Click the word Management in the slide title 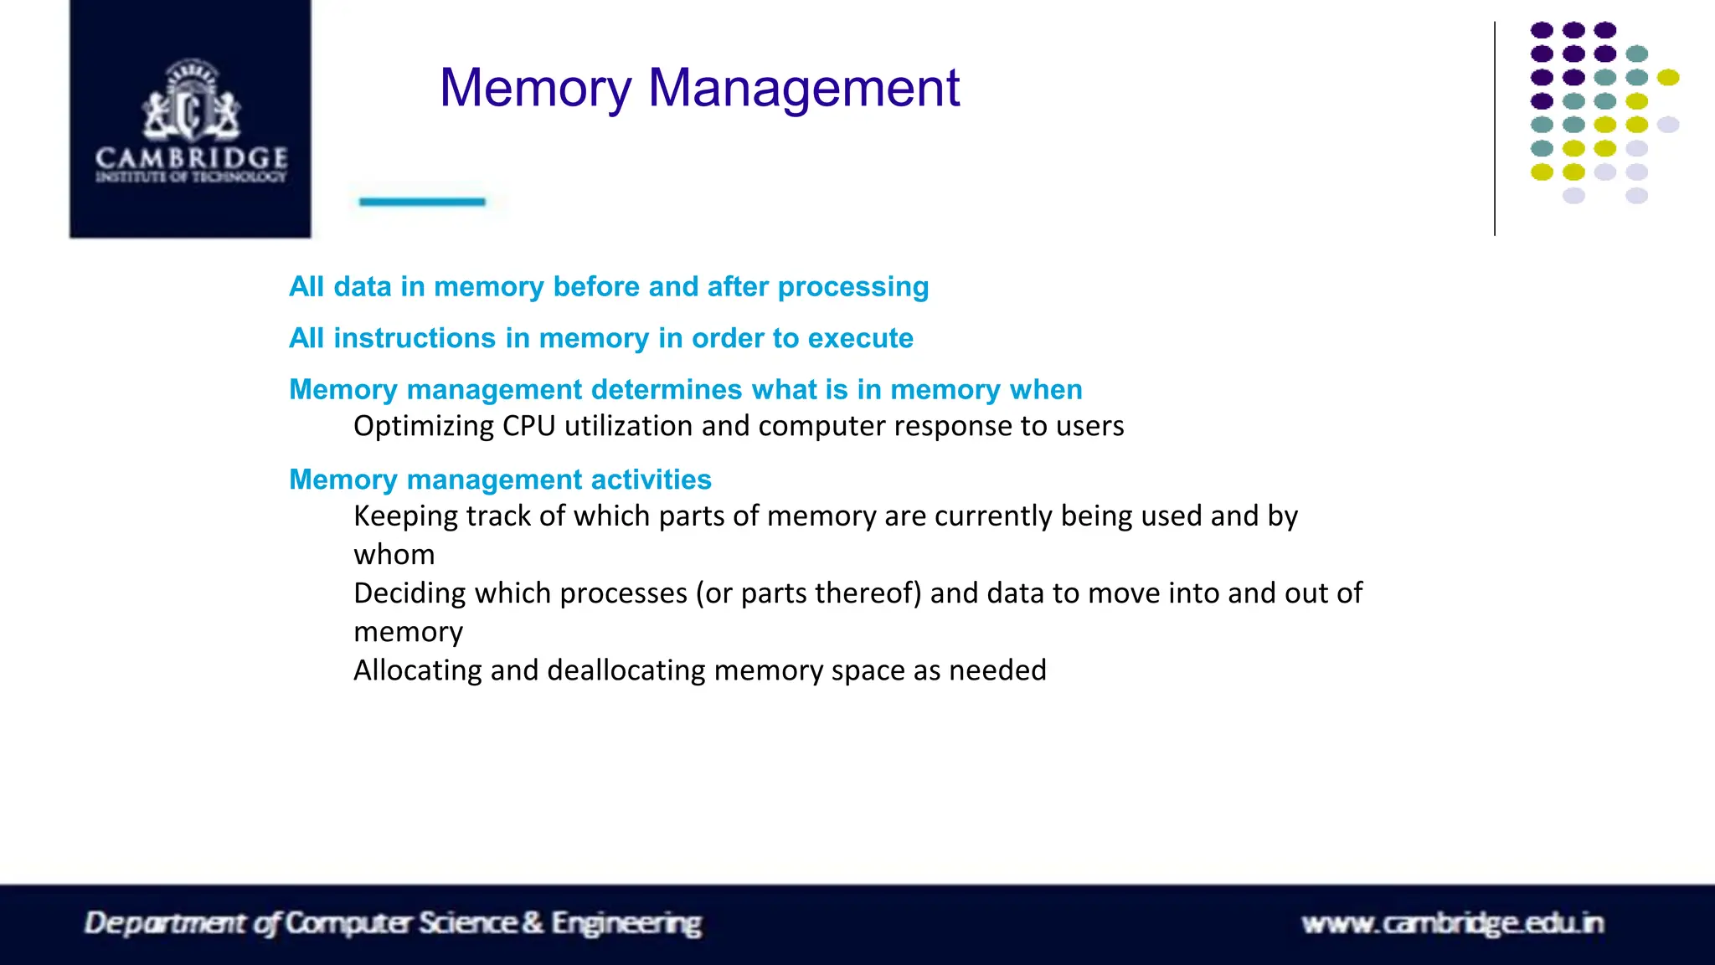point(804,89)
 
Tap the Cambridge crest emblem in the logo point(191,100)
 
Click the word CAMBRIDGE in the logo point(191,157)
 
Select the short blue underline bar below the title point(422,202)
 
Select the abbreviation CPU point(528,426)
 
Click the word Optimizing point(424,427)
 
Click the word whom point(394,555)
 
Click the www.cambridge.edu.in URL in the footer point(1452,923)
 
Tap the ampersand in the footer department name point(533,923)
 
